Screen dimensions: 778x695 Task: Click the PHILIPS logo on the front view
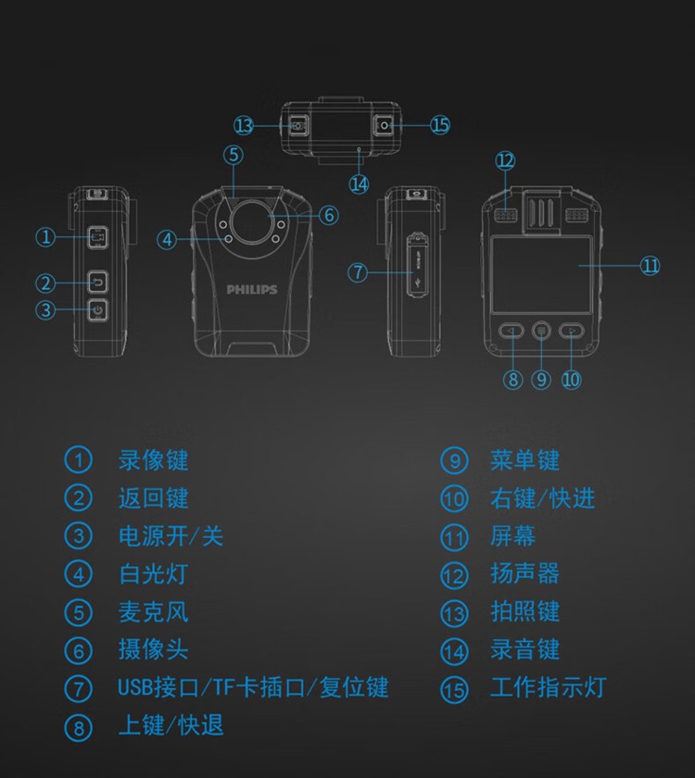[x=252, y=290]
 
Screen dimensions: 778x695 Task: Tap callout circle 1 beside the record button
[x=45, y=237]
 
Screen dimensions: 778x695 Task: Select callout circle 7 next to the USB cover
[x=359, y=272]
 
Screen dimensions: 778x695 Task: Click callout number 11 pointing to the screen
[x=651, y=266]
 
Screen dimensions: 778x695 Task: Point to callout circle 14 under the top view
[x=359, y=183]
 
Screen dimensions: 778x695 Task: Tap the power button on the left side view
[x=98, y=309]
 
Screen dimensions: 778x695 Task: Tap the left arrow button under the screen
[x=512, y=330]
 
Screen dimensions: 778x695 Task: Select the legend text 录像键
[x=153, y=459]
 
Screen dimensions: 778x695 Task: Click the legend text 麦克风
[x=153, y=611]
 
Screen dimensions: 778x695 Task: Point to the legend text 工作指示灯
[x=548, y=687]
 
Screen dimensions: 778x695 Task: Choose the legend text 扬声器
[x=524, y=573]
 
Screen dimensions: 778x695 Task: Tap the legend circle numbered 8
[x=79, y=727]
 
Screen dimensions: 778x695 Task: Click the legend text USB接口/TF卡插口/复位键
[x=253, y=687]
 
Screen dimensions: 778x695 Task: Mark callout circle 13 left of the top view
[x=244, y=125]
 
